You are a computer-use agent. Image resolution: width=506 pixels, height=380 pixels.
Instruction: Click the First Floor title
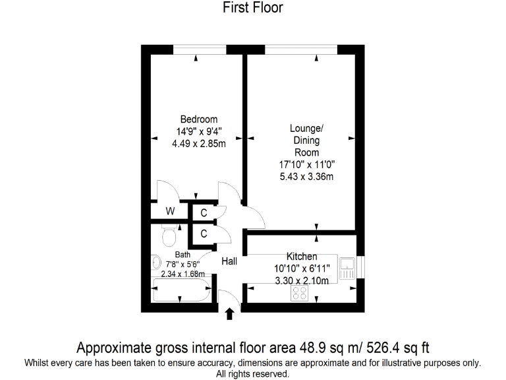[253, 8]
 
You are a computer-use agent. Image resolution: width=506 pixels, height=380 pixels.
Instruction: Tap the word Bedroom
[198, 119]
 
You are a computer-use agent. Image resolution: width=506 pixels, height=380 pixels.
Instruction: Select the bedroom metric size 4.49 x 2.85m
[198, 143]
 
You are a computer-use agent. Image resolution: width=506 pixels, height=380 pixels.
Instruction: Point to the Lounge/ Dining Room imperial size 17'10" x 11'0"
[306, 164]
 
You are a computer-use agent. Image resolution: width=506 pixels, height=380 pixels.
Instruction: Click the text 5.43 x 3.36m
[306, 176]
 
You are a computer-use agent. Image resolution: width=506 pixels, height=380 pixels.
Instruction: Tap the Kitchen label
[301, 256]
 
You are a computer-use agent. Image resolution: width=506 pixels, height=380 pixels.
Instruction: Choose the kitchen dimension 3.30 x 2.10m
[301, 280]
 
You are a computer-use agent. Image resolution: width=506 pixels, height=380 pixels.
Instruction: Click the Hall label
[229, 262]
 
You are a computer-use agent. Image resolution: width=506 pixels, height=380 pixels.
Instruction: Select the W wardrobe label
[170, 212]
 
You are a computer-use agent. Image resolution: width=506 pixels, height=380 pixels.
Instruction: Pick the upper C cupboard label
[204, 212]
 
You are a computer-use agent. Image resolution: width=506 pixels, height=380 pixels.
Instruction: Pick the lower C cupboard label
[204, 234]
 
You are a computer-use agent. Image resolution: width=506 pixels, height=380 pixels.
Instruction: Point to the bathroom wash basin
[156, 263]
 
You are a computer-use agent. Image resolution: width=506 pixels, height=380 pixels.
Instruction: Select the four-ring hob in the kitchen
[300, 293]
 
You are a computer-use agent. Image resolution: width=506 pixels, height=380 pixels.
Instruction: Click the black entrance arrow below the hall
[229, 313]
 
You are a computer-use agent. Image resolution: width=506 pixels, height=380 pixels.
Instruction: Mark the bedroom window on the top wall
[199, 49]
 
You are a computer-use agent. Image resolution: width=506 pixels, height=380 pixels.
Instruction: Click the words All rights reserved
[253, 373]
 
